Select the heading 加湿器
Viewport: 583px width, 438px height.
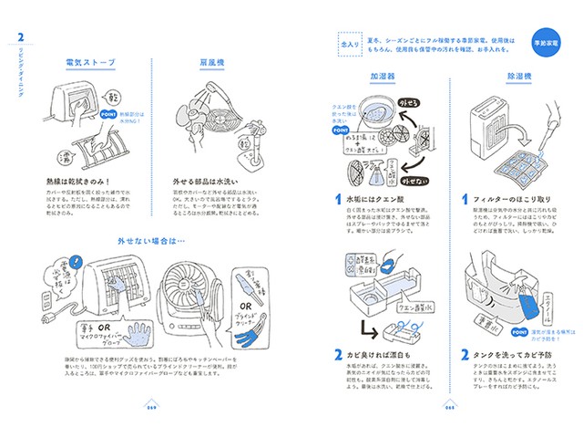384,79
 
